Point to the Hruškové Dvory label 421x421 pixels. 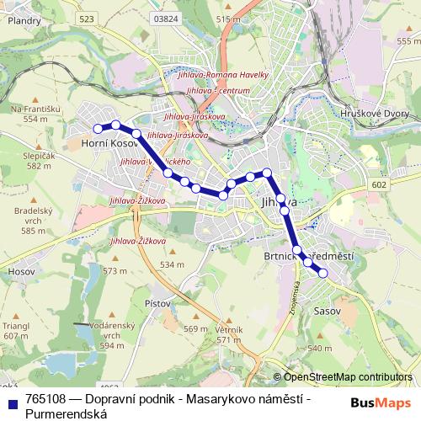(x=388, y=110)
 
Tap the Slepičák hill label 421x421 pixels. (x=40, y=157)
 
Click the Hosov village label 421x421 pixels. (x=19, y=272)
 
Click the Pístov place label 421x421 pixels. (x=157, y=302)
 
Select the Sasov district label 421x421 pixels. (x=326, y=311)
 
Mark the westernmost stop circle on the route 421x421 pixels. (x=99, y=128)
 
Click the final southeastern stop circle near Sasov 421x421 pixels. (x=322, y=273)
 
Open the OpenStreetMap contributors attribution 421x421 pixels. (x=348, y=376)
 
